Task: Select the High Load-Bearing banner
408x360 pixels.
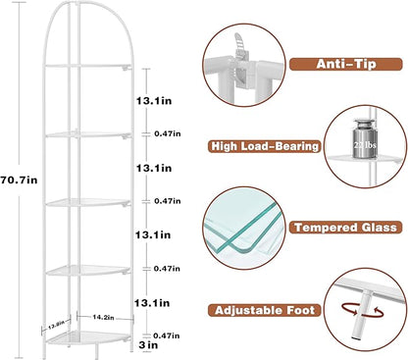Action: pos(265,146)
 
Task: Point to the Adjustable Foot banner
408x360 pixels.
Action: pos(266,310)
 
